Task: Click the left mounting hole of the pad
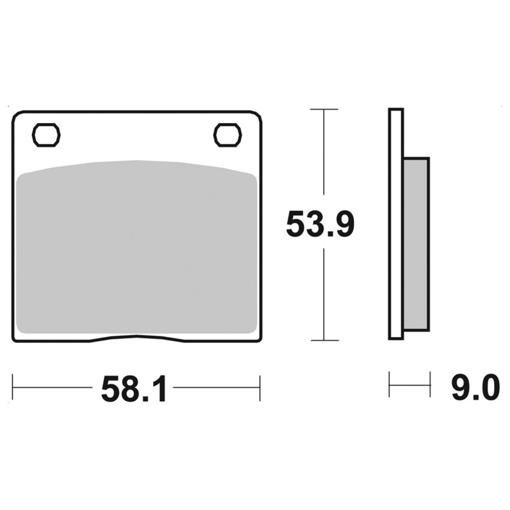[x=46, y=135]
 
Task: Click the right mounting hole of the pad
[x=228, y=135]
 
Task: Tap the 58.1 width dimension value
[x=134, y=389]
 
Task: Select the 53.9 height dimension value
[x=320, y=224]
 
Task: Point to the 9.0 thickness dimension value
[x=476, y=388]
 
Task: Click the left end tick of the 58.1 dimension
[x=13, y=388]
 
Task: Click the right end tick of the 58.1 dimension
[x=259, y=388]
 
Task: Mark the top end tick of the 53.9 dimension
[x=324, y=109]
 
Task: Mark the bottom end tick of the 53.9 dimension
[x=324, y=340]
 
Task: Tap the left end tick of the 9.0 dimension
[x=390, y=384]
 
